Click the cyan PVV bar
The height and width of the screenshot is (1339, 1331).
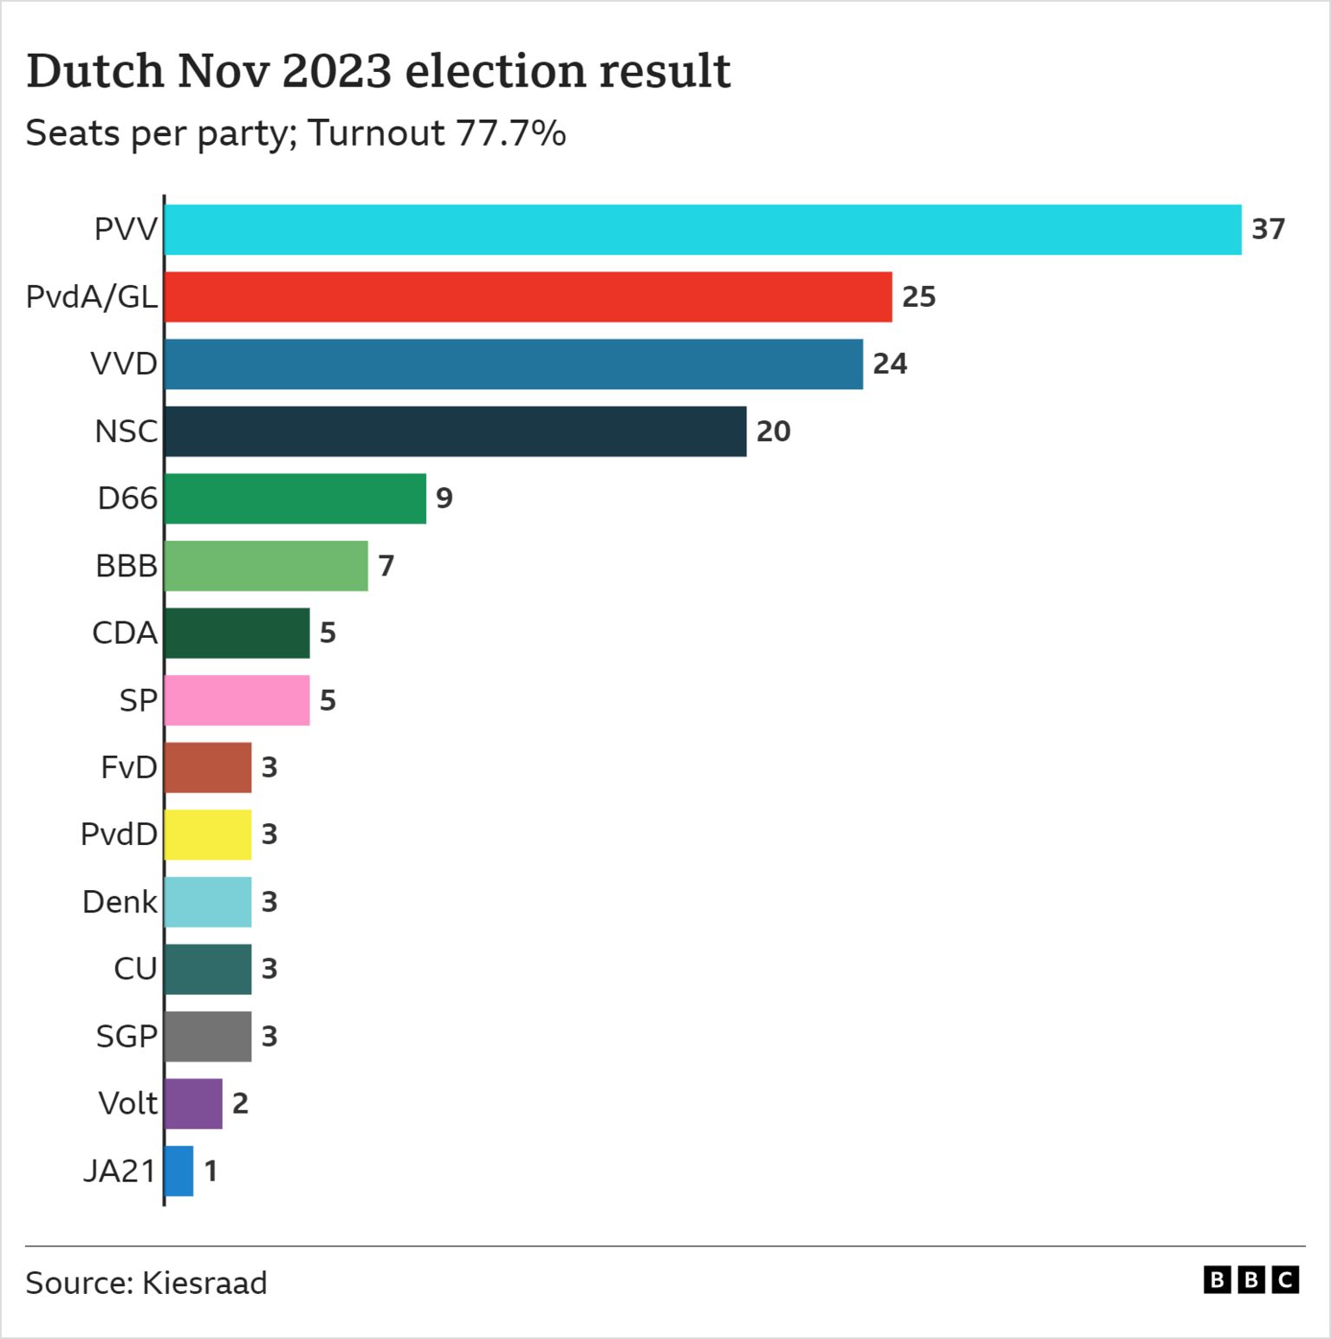point(702,230)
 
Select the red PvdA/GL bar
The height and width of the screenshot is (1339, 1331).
point(528,297)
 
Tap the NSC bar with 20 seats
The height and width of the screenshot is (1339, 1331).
point(455,432)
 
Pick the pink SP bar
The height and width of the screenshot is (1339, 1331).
point(237,700)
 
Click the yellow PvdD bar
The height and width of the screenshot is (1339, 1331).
point(208,835)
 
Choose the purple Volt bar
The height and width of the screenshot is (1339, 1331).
point(193,1103)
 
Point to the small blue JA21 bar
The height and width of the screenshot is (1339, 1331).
point(179,1171)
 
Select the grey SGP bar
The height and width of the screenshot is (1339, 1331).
point(208,1037)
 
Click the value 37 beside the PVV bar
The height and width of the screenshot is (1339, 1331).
point(1268,230)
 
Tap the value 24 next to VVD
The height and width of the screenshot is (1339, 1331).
point(890,364)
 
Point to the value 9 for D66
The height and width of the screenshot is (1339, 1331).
point(444,498)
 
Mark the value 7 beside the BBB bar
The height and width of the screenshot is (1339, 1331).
point(386,566)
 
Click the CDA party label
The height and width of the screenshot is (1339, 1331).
point(125,633)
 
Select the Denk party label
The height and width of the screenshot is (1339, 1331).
point(120,902)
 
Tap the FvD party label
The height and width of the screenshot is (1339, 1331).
point(129,768)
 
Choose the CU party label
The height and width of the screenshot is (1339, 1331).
point(135,969)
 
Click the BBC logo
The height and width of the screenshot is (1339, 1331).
point(1250,1280)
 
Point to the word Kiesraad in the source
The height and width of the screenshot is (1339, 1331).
point(205,1283)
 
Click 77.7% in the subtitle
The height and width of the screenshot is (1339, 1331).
point(511,133)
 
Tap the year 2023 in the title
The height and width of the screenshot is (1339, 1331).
point(337,71)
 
